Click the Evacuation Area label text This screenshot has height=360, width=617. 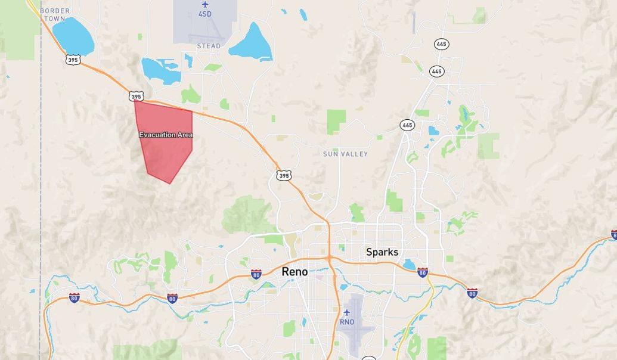pos(166,135)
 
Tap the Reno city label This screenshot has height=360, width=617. pos(294,272)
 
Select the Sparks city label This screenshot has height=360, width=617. pos(382,252)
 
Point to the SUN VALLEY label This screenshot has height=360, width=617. pos(345,154)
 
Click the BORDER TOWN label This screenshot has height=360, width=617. pos(54,14)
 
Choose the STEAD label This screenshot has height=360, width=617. pos(209,46)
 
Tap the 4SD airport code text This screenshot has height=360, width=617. pos(204,14)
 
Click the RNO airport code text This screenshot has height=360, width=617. pos(346,322)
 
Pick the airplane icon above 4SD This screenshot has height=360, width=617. pos(205,5)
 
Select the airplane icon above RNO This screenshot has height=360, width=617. pos(346,313)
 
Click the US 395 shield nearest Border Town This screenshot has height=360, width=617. pos(73,60)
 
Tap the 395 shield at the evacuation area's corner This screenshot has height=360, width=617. pos(136,97)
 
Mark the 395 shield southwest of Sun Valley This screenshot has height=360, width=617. pos(283,175)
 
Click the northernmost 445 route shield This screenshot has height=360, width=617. pos(441,44)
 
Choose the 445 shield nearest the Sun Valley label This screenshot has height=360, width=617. pos(407,125)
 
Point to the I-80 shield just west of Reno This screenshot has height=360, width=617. pos(256,274)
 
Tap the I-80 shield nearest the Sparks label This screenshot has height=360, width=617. pos(422,272)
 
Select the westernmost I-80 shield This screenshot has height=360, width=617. pos(74,297)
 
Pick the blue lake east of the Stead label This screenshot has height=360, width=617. pos(252,44)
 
